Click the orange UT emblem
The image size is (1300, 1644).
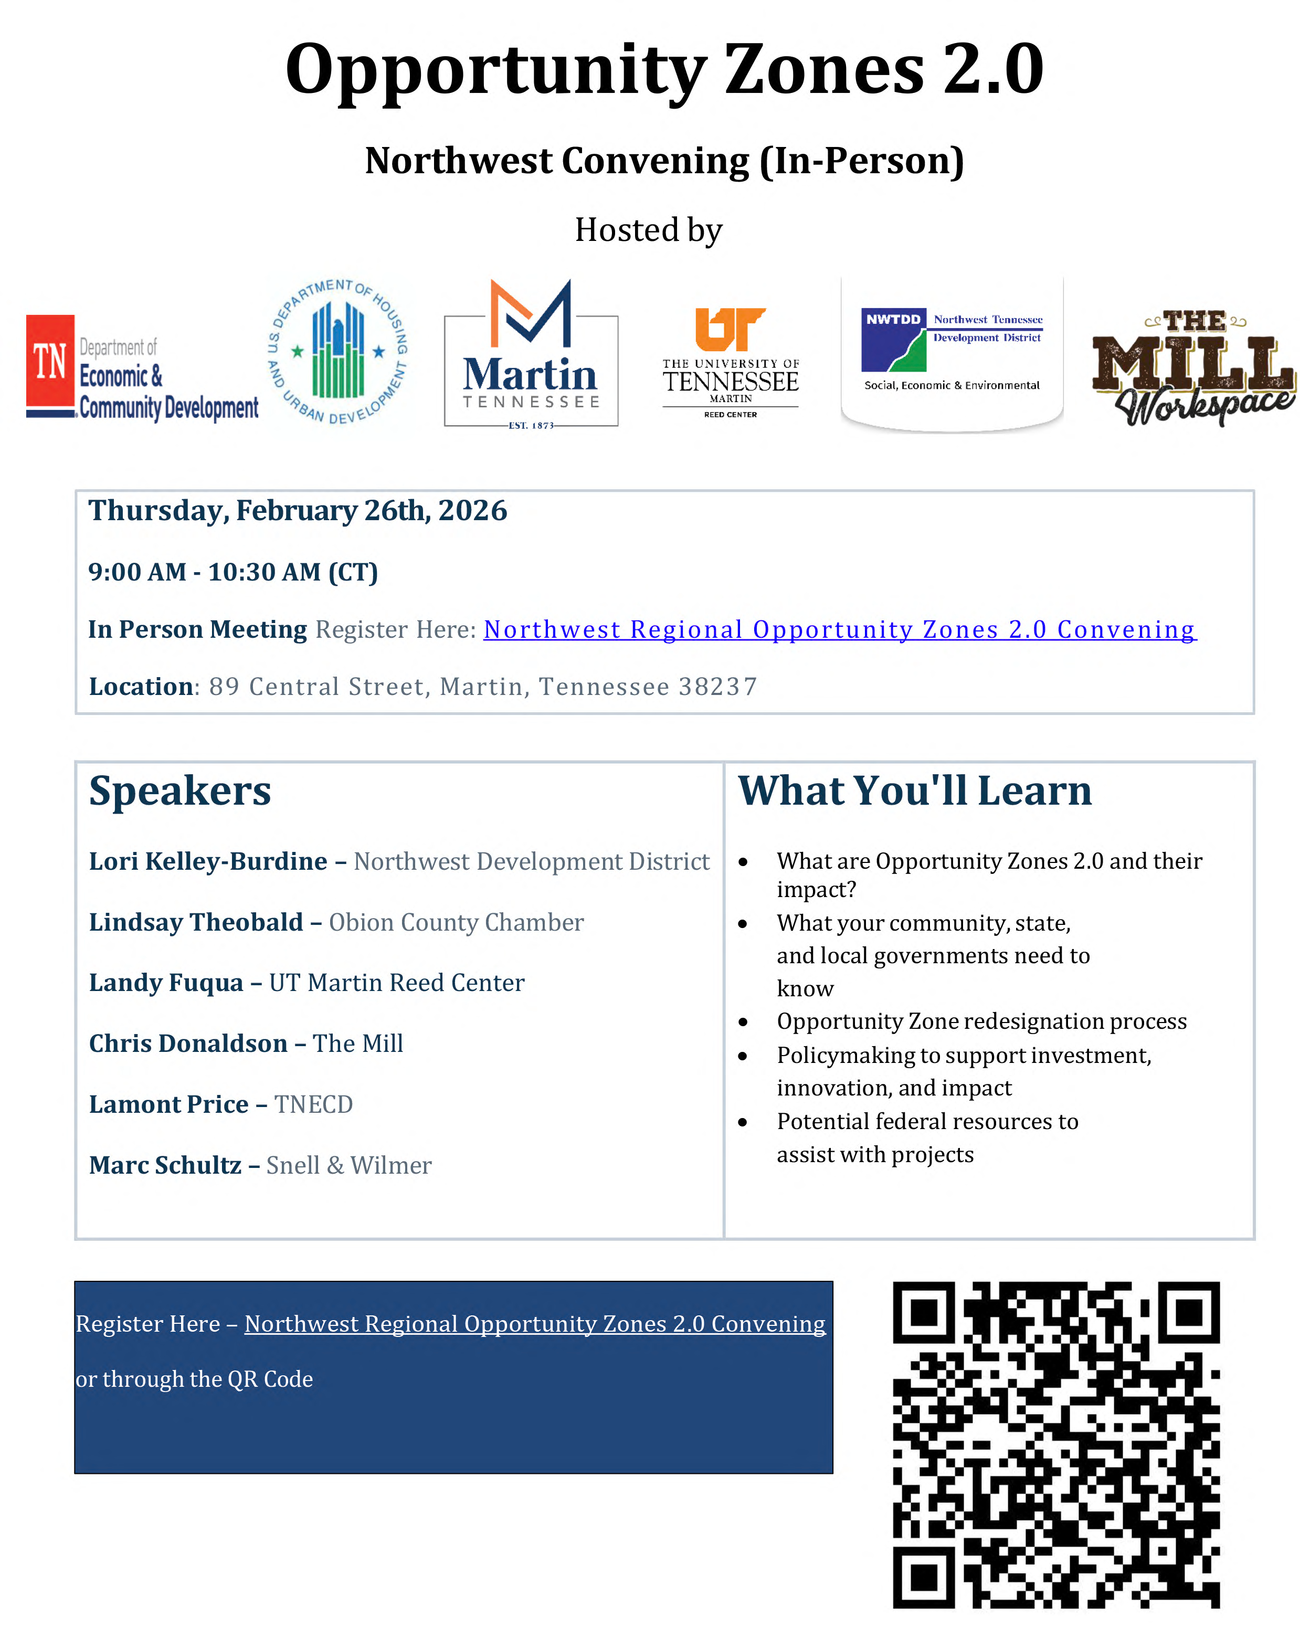(729, 329)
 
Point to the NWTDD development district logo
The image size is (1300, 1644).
(952, 352)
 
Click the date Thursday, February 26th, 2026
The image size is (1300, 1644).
(298, 511)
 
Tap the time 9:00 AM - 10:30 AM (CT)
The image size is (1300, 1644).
(233, 572)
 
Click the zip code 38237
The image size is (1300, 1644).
(718, 687)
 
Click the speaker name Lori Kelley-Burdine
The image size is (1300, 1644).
(208, 861)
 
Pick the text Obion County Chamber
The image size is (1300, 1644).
(456, 922)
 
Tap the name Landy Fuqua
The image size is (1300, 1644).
(165, 983)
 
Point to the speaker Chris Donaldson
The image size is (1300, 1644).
(188, 1044)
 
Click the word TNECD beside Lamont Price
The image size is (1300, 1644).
(313, 1104)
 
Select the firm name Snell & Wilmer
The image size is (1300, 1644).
(348, 1165)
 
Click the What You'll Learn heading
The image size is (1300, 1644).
(915, 791)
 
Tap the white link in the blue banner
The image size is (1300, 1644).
(534, 1324)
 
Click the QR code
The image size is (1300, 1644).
(1055, 1445)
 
